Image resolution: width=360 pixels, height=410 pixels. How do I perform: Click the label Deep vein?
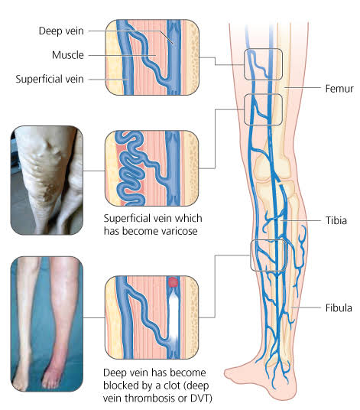pyautogui.click(x=61, y=31)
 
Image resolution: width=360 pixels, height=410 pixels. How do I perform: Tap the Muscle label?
pyautogui.click(x=68, y=55)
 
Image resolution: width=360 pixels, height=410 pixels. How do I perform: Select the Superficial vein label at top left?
pyautogui.click(x=50, y=79)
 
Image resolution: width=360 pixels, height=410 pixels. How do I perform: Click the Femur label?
pyautogui.click(x=339, y=89)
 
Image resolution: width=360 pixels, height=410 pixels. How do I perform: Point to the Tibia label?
pyautogui.click(x=336, y=220)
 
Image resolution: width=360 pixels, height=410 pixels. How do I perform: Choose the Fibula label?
pyautogui.click(x=339, y=307)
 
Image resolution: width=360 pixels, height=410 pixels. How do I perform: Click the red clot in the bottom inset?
pyautogui.click(x=173, y=282)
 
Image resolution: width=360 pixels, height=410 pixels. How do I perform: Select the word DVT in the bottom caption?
pyautogui.click(x=200, y=399)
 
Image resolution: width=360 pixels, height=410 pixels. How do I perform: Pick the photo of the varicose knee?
pyautogui.click(x=47, y=181)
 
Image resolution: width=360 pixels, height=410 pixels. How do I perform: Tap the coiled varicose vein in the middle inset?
pyautogui.click(x=130, y=168)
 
